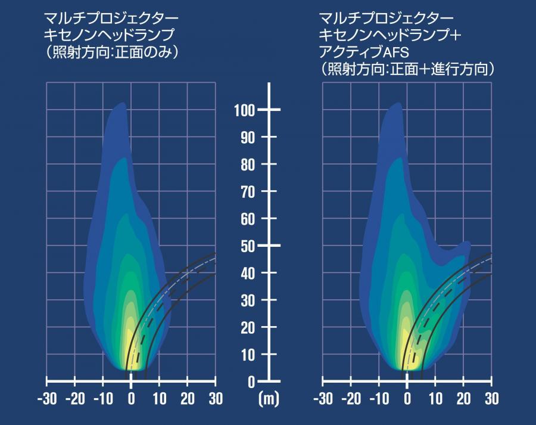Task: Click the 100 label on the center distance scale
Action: click(244, 110)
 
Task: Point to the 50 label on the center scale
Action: click(248, 246)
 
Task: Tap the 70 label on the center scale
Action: click(248, 192)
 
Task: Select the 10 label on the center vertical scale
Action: click(248, 355)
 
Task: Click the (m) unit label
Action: click(269, 399)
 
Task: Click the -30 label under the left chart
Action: click(47, 399)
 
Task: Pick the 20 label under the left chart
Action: click(188, 399)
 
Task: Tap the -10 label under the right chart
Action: click(379, 399)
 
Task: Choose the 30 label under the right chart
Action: click(491, 399)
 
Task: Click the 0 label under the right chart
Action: click(407, 399)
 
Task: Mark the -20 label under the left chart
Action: click(75, 399)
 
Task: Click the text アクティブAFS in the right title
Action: click(364, 52)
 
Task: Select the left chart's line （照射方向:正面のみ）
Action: click(112, 52)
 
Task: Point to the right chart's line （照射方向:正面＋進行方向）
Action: click(407, 69)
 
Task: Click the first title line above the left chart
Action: click(111, 18)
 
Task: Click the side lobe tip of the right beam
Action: click(468, 242)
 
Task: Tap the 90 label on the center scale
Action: click(248, 138)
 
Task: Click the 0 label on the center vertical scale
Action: click(251, 382)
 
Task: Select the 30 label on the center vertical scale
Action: click(248, 300)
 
